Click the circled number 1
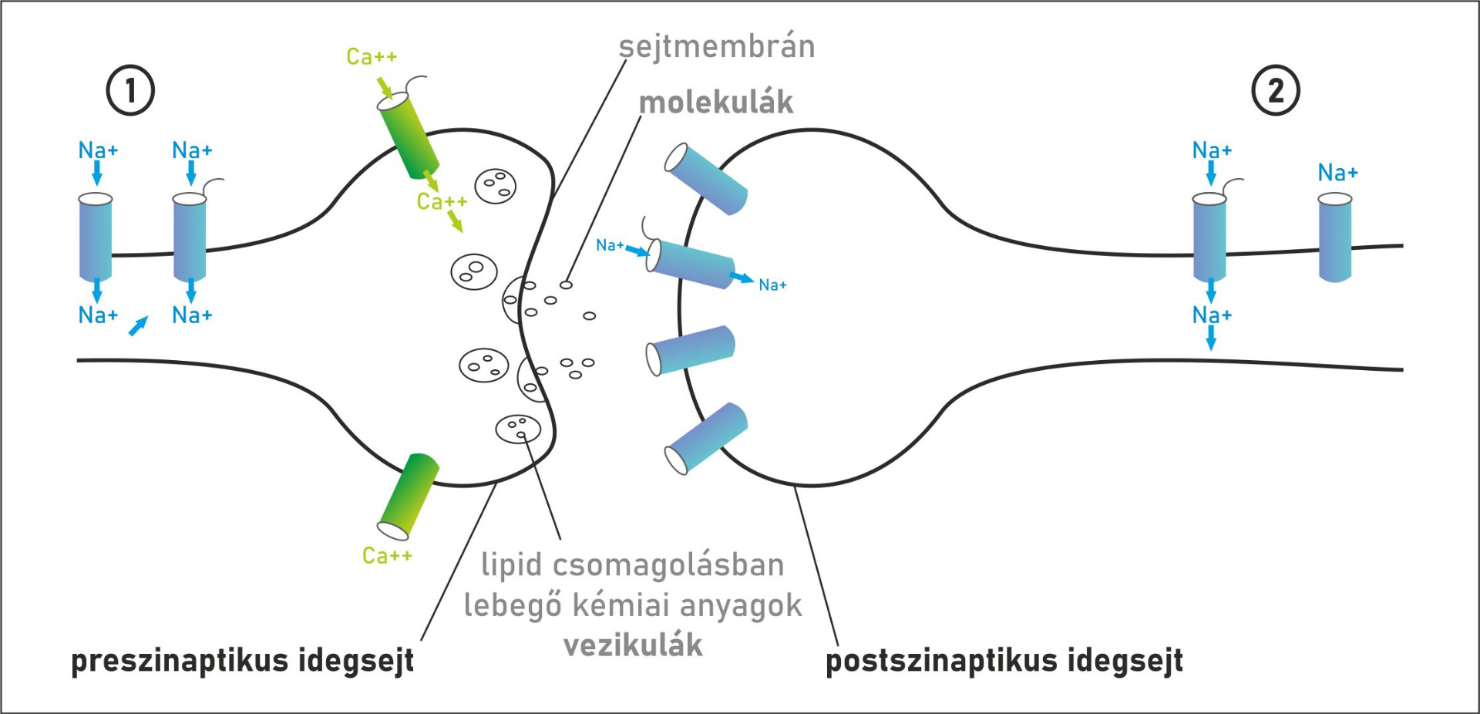point(130,91)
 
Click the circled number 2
point(1276,91)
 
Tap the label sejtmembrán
point(717,47)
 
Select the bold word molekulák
point(716,103)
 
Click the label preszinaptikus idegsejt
point(242,661)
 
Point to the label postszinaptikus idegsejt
point(1004,661)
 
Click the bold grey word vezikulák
point(633,645)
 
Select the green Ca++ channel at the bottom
point(408,496)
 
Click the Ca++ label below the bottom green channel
point(387,555)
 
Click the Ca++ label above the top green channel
point(372,57)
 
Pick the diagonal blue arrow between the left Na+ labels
point(138,326)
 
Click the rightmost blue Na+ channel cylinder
point(1335,237)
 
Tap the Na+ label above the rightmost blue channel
point(1337,173)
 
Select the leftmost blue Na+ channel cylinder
point(96,236)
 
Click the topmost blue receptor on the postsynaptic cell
point(706,178)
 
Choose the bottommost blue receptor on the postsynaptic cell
point(706,437)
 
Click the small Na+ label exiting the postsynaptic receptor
point(772,285)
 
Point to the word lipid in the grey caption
point(511,564)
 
